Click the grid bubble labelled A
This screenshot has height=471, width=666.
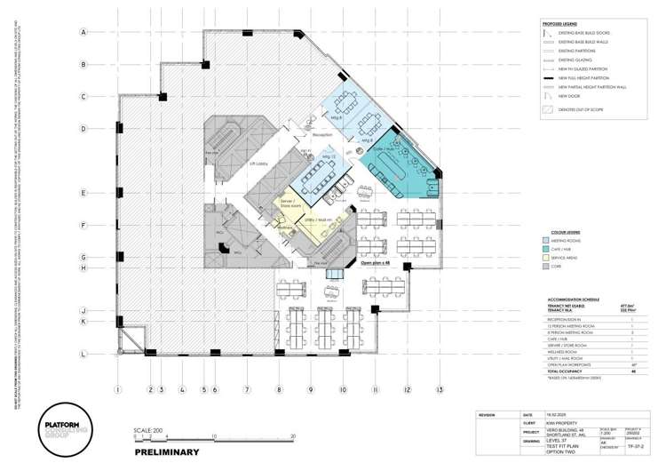pos(83,32)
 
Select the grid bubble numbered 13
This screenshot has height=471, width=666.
pos(439,389)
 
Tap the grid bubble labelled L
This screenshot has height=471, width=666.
pos(83,355)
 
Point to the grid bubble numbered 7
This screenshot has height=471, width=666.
pos(247,389)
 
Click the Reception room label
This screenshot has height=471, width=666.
pos(321,134)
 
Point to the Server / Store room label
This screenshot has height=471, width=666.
pos(287,204)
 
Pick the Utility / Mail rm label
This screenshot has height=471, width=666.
pos(317,218)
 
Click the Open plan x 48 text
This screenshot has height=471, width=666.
pos(376,263)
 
